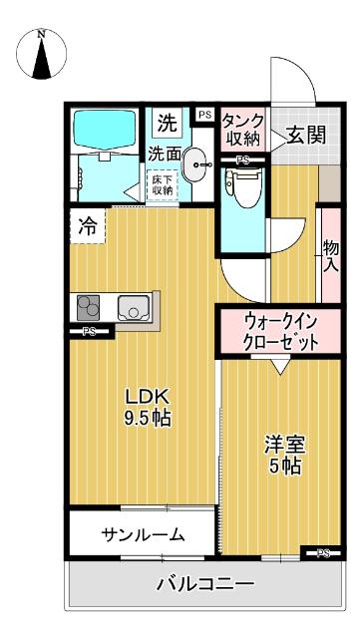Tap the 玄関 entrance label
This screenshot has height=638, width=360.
(304, 136)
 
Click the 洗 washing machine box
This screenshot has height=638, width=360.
(168, 125)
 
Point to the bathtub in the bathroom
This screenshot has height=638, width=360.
(106, 129)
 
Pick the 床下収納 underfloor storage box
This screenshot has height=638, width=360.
(162, 183)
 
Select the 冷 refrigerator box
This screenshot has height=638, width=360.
(87, 225)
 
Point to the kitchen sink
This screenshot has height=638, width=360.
(133, 308)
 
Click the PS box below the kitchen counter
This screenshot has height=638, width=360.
(91, 332)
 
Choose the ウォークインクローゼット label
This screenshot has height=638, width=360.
(280, 331)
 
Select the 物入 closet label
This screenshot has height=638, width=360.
(330, 255)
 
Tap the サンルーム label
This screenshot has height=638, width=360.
(143, 535)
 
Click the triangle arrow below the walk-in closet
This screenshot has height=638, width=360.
(280, 366)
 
